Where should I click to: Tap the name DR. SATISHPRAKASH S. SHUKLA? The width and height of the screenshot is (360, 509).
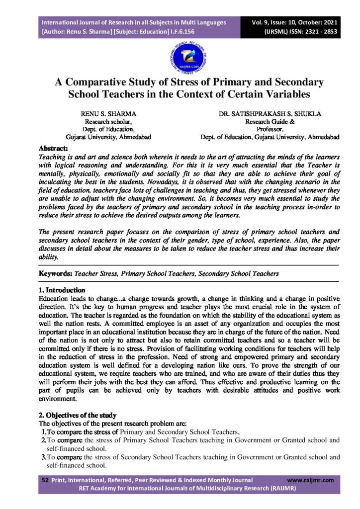[x=270, y=114]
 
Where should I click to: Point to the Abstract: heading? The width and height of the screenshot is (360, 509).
[x=54, y=148]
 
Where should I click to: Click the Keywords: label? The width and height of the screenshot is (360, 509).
[x=56, y=273]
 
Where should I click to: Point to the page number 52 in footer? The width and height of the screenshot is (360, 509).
[x=43, y=480]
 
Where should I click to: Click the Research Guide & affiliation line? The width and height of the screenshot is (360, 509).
[x=270, y=121]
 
